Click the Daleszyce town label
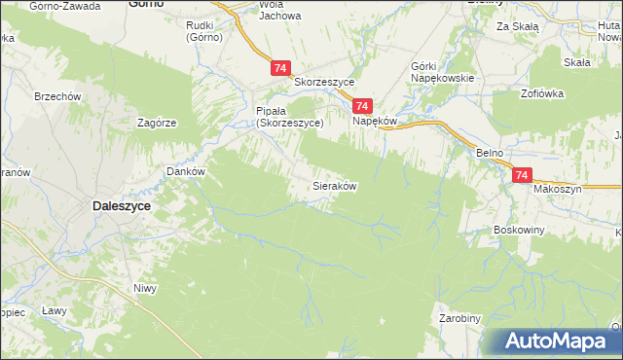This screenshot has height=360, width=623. coord(124,205)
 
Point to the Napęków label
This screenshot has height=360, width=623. coord(375,123)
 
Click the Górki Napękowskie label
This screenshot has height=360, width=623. coord(442,71)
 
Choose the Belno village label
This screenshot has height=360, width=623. coord(489,154)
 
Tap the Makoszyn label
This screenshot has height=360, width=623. coord(557,189)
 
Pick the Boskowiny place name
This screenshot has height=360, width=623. coord(518,230)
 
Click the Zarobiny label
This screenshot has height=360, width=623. coord(459,318)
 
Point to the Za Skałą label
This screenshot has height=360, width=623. coord(517,27)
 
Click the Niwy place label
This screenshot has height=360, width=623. coord(144,288)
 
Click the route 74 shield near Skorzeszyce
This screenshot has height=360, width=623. coord(280,68)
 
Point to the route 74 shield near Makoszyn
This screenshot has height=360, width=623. coord(522,175)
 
